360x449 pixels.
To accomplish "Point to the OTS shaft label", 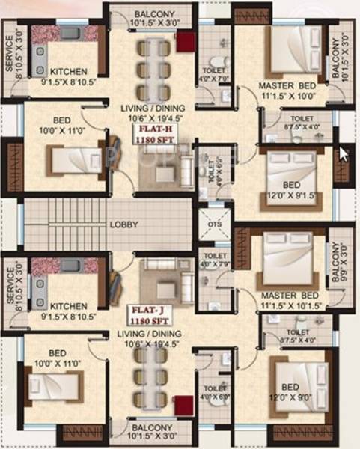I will coord(214,224).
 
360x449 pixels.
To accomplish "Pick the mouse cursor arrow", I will coord(344,153).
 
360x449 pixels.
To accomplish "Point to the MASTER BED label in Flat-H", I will coord(287,86).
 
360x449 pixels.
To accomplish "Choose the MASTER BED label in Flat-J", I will coord(287,295).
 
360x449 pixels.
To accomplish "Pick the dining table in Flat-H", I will coord(154,70).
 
